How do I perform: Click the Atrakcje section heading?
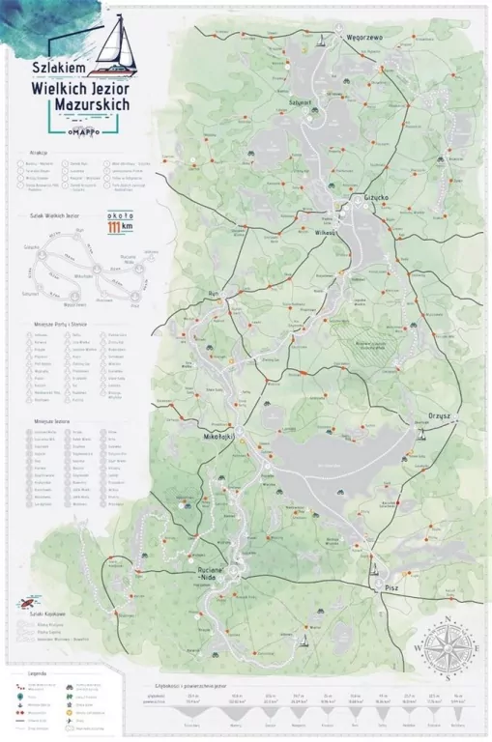[40, 152]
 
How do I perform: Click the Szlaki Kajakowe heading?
[46, 614]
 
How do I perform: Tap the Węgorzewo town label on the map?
[364, 37]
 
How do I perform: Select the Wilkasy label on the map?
[324, 233]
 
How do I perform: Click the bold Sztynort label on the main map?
[300, 100]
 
